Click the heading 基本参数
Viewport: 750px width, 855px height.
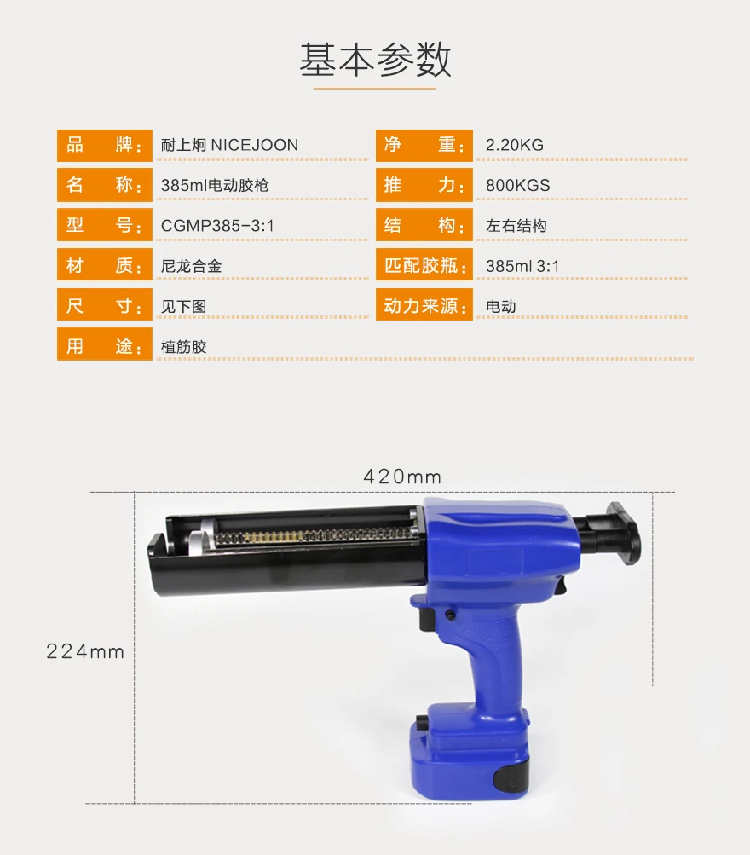[375, 60]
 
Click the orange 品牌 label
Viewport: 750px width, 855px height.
[104, 145]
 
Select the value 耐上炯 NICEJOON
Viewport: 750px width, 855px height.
[229, 145]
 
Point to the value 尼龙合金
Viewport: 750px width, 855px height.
[191, 266]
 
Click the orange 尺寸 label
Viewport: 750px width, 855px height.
[104, 306]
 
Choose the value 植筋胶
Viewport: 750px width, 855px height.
[183, 347]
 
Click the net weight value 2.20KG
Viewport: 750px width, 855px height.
[514, 145]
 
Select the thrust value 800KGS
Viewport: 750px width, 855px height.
[517, 185]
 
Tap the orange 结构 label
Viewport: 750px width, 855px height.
[424, 226]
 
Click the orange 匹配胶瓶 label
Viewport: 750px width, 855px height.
[424, 266]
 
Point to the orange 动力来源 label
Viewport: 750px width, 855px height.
[424, 306]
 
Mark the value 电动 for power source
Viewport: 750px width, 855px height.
[500, 306]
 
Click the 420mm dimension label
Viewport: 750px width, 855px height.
[402, 477]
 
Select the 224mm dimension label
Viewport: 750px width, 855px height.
[85, 652]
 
